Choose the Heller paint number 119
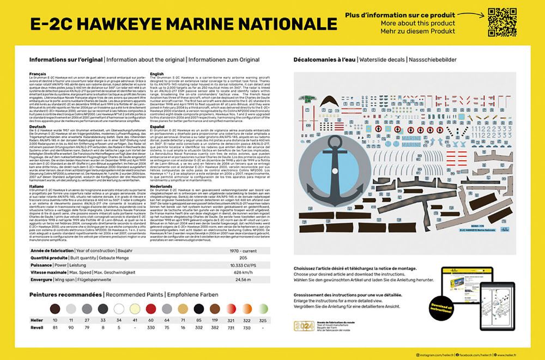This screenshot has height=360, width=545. tap(215, 320)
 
